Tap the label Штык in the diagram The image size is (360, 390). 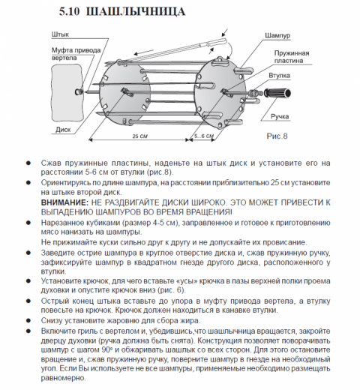coord(61,35)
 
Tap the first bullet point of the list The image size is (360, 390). coord(28,161)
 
